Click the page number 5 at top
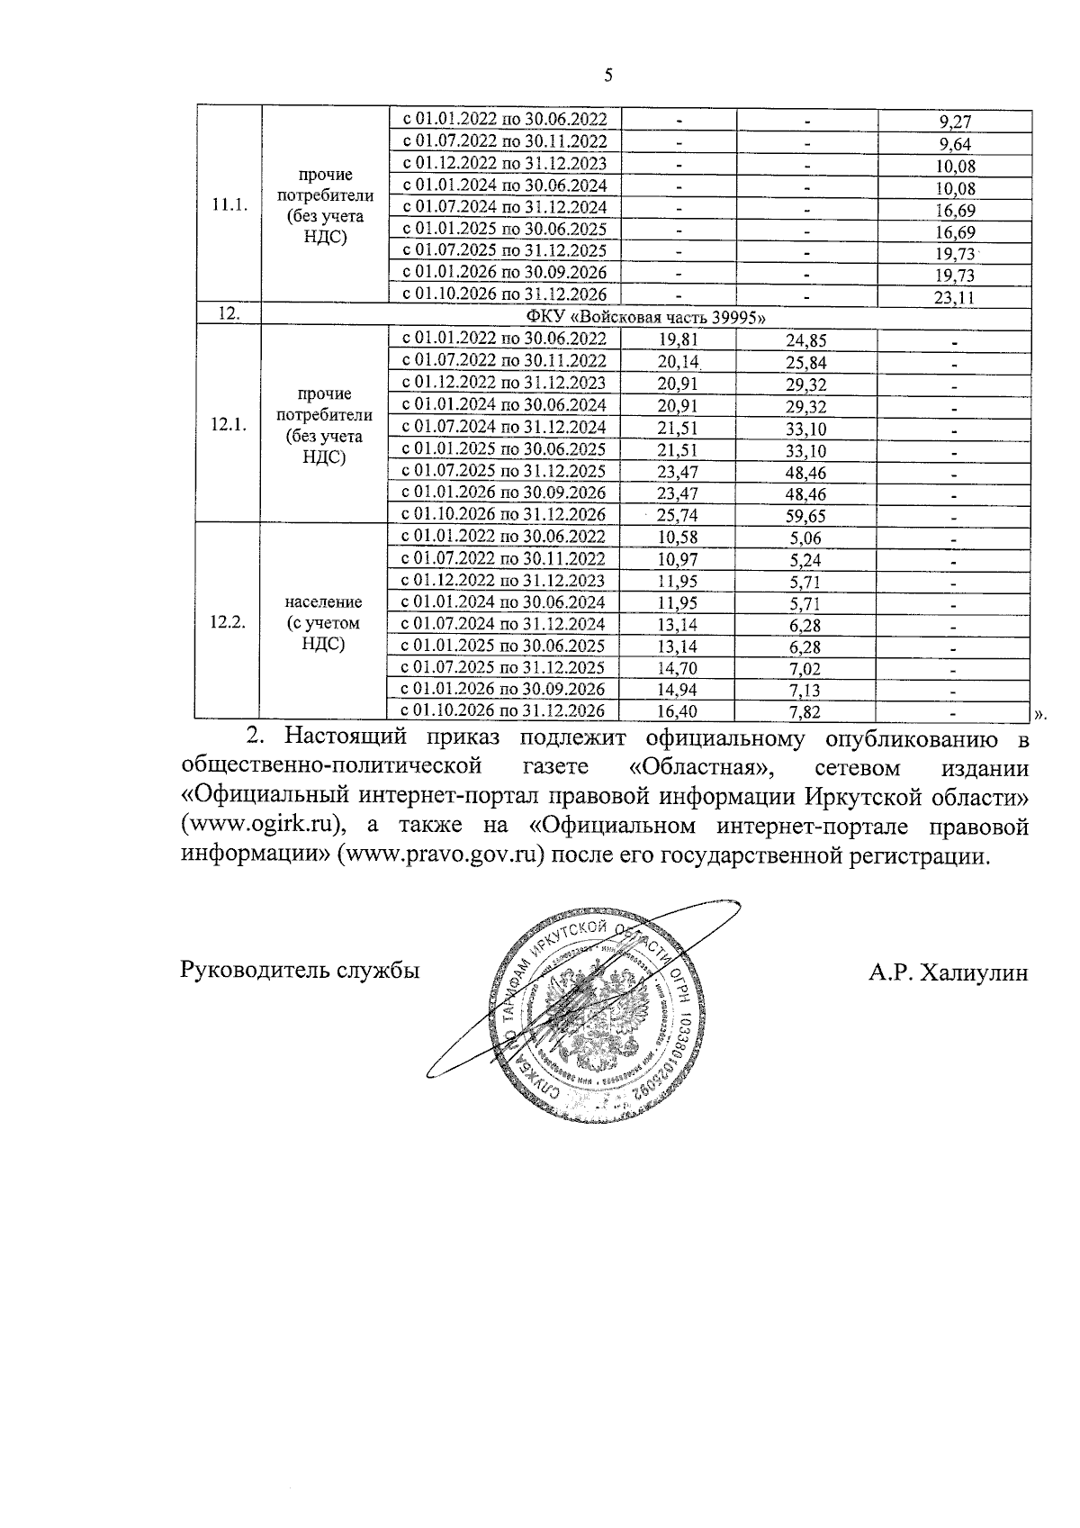pyautogui.click(x=609, y=76)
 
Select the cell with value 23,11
pyautogui.click(x=954, y=298)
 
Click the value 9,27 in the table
pyautogui.click(x=954, y=122)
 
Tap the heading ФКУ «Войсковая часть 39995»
pyautogui.click(x=645, y=317)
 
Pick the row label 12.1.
pyautogui.click(x=229, y=426)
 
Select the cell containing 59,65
pyautogui.click(x=805, y=516)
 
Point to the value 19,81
pyautogui.click(x=678, y=340)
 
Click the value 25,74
pyautogui.click(x=678, y=516)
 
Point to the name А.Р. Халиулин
pyautogui.click(x=948, y=972)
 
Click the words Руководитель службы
pyautogui.click(x=301, y=972)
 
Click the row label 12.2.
pyautogui.click(x=228, y=623)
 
